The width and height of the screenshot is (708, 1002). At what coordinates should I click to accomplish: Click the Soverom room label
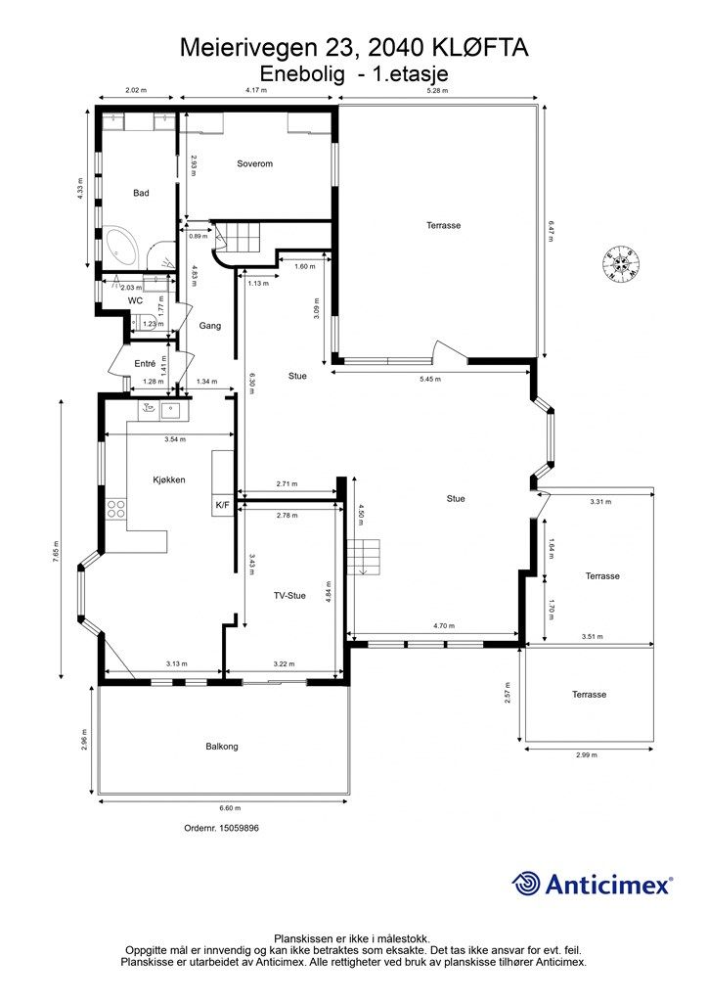[x=254, y=163]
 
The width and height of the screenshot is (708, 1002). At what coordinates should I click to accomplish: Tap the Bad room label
[x=141, y=193]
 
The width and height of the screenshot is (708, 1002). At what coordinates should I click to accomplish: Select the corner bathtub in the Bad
[x=121, y=248]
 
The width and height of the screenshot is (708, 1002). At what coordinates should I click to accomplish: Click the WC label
[x=135, y=300]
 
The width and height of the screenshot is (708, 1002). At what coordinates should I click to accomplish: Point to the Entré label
[x=145, y=364]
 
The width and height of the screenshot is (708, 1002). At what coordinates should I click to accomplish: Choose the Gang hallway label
[x=210, y=326]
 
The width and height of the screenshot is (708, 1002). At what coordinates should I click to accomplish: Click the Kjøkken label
[x=169, y=479]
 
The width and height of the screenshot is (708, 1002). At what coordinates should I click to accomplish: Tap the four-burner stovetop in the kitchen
[x=116, y=509]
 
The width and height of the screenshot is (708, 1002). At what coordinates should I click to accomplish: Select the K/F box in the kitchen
[x=222, y=505]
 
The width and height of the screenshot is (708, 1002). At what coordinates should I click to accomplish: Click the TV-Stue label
[x=289, y=596]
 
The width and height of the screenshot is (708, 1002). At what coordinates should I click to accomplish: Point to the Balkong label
[x=222, y=747]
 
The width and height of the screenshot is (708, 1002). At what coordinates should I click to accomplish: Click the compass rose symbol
[x=621, y=262]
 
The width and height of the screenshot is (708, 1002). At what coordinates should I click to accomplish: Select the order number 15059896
[x=239, y=828]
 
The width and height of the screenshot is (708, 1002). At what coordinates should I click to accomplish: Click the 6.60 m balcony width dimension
[x=225, y=808]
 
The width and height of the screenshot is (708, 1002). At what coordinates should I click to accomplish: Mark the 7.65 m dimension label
[x=56, y=552]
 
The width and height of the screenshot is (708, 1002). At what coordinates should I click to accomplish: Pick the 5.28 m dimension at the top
[x=438, y=90]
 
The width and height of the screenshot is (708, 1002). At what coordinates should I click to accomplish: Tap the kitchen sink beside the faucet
[x=171, y=410]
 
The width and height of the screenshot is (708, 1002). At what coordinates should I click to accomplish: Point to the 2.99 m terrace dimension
[x=587, y=754]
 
